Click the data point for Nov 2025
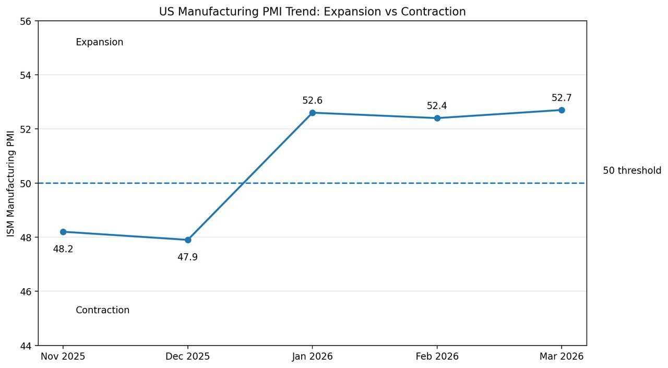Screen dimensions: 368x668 tap(63, 232)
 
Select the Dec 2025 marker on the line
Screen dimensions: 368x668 tap(188, 240)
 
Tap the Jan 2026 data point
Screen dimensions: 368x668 tap(312, 113)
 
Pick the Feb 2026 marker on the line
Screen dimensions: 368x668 tap(437, 118)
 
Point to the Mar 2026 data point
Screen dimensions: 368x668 tap(562, 110)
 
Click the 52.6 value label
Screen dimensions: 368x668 tap(312, 101)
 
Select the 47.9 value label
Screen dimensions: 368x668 tap(188, 257)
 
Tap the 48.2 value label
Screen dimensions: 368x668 tap(63, 250)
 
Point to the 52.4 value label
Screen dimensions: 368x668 tap(437, 106)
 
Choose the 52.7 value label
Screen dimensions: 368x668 tap(562, 98)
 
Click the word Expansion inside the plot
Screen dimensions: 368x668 tap(100, 42)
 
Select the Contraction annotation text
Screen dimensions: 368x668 tap(103, 310)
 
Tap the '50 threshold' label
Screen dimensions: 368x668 tap(632, 171)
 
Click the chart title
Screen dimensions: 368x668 tap(312, 11)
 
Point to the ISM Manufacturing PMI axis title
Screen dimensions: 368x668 tap(11, 183)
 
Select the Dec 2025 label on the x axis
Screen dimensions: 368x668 tap(188, 357)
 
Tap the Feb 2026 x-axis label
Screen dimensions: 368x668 tap(437, 357)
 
